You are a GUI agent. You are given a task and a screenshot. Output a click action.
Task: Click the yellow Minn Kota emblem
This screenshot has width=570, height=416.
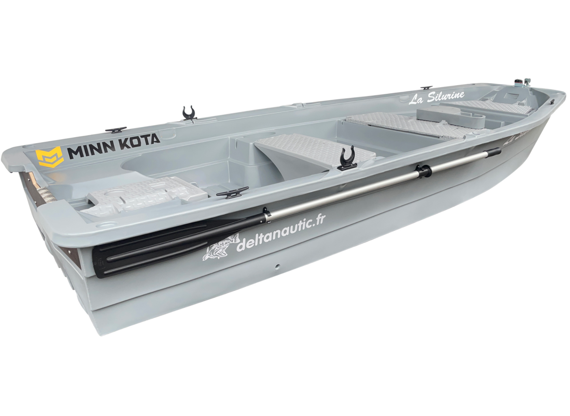pyautogui.click(x=48, y=157)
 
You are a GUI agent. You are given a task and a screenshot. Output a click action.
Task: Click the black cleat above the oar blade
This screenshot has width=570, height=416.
pyautogui.click(x=227, y=195)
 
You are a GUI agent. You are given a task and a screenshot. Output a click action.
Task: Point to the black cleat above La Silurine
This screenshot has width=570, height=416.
pyautogui.click(x=427, y=88)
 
